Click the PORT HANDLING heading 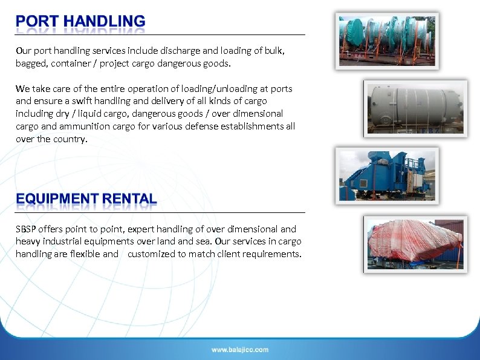[x=80, y=22]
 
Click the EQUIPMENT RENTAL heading [x=86, y=198]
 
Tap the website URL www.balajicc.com [x=240, y=350]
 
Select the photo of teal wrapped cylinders [x=387, y=40]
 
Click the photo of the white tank [x=415, y=108]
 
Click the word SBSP [x=27, y=229]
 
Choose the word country [x=71, y=139]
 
